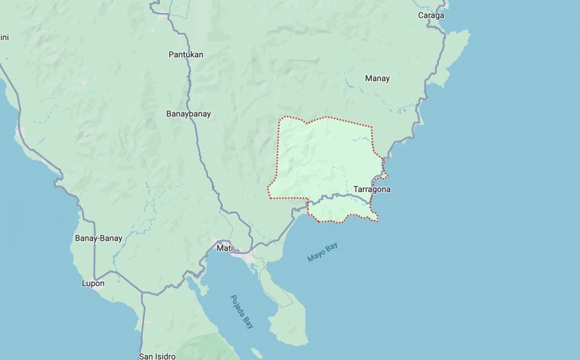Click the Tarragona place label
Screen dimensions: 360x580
372,189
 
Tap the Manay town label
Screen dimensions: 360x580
377,79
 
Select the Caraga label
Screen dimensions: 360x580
431,15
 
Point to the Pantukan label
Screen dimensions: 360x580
186,54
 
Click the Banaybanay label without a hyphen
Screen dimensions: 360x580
188,114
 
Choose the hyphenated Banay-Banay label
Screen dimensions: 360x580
99,239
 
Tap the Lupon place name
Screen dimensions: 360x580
93,283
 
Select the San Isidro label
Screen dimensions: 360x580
157,357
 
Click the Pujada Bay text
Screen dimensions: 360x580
242,312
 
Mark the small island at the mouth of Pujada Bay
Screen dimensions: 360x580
257,353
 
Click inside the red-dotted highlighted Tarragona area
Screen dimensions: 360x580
324,159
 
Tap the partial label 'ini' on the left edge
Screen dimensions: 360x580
4,37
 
